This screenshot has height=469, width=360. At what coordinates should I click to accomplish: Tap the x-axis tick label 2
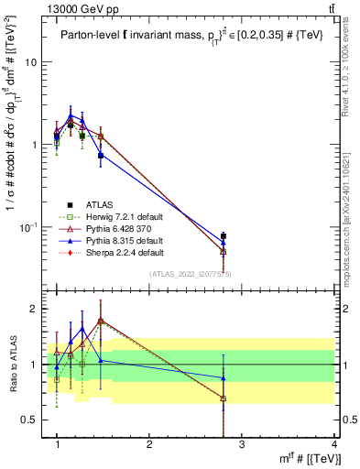tap(149, 444)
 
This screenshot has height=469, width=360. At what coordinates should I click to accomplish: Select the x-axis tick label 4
tap(333, 444)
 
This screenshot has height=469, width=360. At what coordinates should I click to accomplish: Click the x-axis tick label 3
tap(241, 444)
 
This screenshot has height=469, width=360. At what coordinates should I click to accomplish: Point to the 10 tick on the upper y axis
tap(29, 62)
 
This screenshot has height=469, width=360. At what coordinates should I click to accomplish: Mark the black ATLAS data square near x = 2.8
tap(224, 236)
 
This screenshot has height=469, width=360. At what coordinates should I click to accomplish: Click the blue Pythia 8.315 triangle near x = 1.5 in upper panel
tap(101, 155)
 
